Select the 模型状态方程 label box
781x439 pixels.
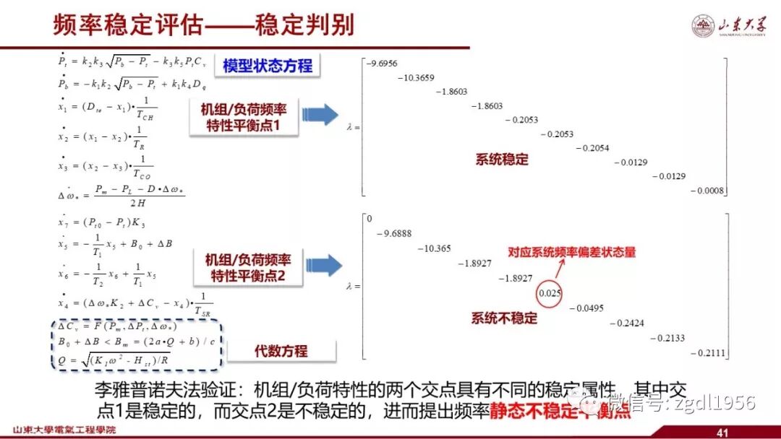tap(268, 66)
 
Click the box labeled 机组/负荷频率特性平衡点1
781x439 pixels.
tap(245, 118)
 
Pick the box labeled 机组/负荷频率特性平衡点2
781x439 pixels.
tap(248, 268)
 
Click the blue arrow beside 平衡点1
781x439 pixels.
tap(320, 116)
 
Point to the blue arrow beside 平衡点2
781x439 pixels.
tap(323, 265)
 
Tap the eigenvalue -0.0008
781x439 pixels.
tap(709, 191)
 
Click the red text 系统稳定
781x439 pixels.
tap(502, 160)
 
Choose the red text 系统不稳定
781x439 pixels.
tap(505, 318)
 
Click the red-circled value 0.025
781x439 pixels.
tap(550, 293)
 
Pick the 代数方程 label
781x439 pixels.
tap(281, 351)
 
